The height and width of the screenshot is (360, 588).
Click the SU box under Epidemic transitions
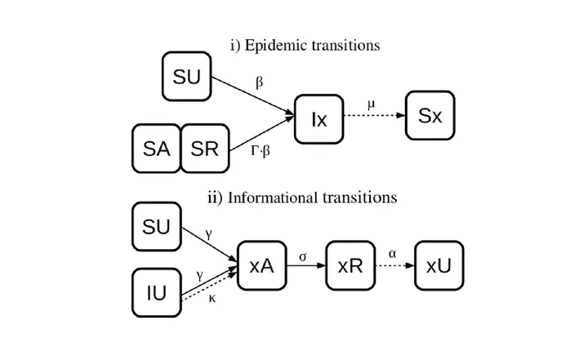(x=187, y=77)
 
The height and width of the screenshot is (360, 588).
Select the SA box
(x=156, y=149)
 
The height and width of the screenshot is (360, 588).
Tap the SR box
(x=205, y=149)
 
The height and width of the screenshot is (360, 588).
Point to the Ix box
(x=319, y=119)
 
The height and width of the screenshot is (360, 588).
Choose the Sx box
(x=430, y=115)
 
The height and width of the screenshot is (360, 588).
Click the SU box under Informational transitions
(x=156, y=226)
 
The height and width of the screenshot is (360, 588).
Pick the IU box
(x=156, y=292)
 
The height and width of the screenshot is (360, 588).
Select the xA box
(x=262, y=265)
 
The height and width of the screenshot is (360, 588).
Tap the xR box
(x=350, y=265)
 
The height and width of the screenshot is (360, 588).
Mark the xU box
(x=439, y=265)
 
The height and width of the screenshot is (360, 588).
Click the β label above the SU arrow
(x=259, y=82)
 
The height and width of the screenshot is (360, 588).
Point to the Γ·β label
(x=261, y=151)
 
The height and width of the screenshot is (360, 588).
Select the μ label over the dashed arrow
(x=371, y=104)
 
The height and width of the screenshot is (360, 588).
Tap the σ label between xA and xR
(x=303, y=257)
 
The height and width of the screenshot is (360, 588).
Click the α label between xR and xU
(x=392, y=254)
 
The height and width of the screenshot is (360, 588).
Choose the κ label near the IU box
(x=212, y=298)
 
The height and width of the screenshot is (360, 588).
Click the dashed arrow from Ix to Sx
(x=375, y=115)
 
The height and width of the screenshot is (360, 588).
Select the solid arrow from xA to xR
(x=306, y=265)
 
